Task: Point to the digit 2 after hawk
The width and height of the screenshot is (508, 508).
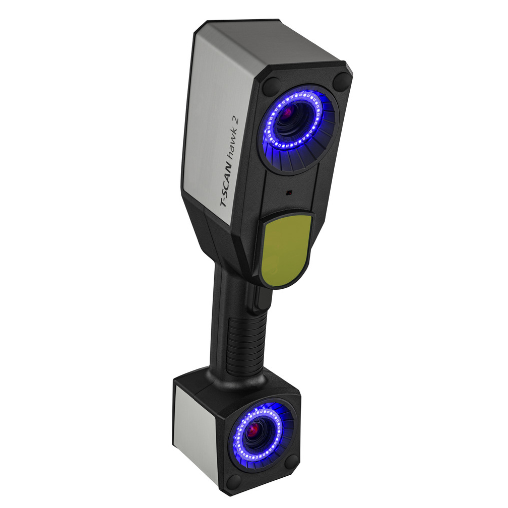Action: [236, 120]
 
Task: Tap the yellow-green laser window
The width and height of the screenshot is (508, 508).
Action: [285, 249]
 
